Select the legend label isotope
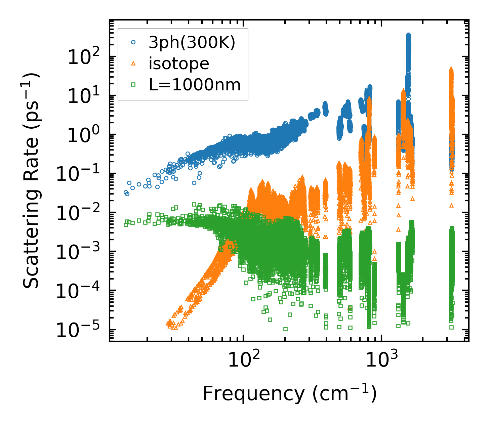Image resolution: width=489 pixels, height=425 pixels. [179, 63]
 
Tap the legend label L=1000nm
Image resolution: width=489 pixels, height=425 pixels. [195, 85]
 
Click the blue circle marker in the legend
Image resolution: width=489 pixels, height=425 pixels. [133, 43]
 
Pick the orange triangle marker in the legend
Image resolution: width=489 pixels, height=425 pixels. [133, 64]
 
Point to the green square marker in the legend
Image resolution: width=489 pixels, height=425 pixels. [133, 85]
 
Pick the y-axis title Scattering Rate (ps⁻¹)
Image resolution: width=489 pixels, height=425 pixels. [32, 180]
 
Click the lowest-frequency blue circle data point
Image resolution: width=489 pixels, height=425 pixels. [126, 193]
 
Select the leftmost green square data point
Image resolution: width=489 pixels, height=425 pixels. [126, 224]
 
